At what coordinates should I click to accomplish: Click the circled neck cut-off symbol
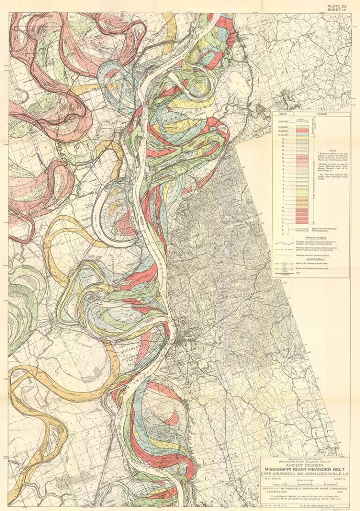(x=285, y=264)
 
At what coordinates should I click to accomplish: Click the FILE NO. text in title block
(x=323, y=507)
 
